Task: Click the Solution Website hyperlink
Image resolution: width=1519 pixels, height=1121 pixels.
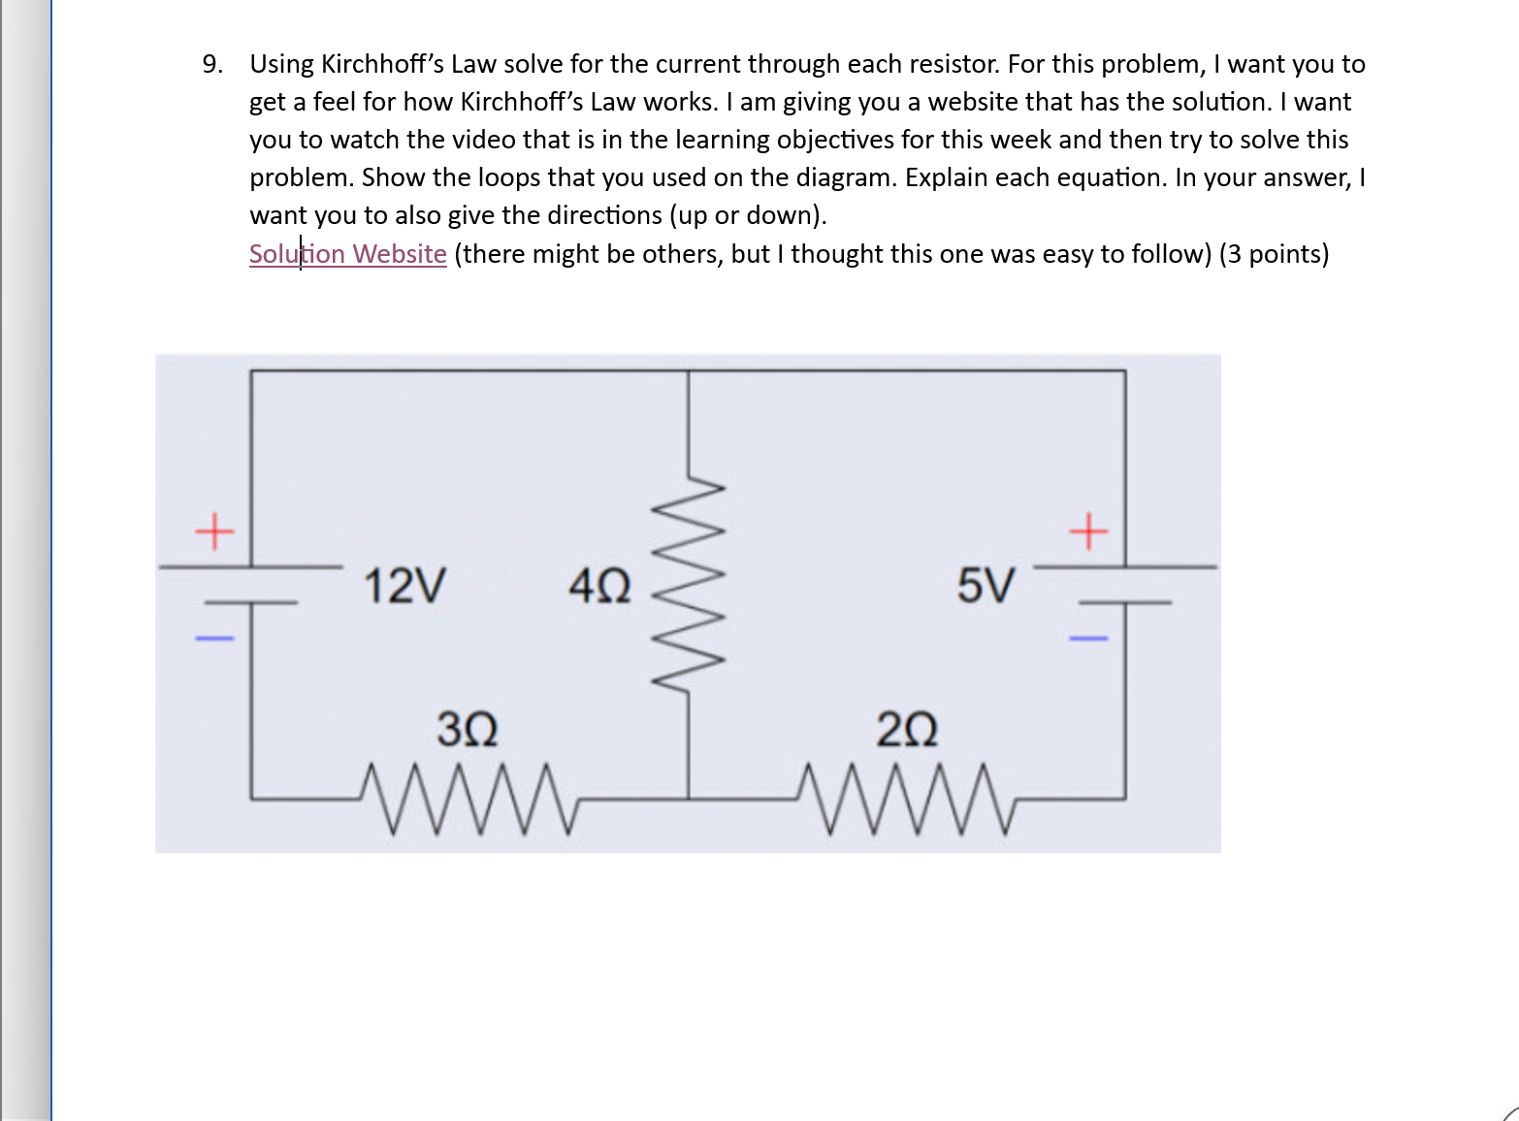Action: tap(347, 254)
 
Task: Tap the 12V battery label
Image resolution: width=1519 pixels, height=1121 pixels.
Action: tap(404, 586)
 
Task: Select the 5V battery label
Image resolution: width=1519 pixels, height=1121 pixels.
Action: tap(986, 586)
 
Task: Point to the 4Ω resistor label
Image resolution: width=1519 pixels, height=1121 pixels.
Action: tap(599, 587)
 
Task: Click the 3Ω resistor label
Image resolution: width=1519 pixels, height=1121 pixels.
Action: tap(468, 729)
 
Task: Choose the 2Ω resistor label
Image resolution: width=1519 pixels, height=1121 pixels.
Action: tap(907, 729)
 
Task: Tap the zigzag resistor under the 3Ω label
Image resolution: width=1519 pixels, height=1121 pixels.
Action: tap(468, 799)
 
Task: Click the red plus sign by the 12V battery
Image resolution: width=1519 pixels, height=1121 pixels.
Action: tap(214, 531)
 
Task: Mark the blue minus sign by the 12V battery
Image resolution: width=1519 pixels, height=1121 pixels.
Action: tap(214, 638)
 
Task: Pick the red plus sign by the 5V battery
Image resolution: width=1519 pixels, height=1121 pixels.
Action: tap(1088, 531)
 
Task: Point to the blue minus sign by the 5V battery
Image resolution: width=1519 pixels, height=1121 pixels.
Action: tap(1088, 638)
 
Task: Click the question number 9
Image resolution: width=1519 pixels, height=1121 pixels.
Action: tap(211, 64)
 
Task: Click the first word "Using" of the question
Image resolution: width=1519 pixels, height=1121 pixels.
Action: tap(281, 64)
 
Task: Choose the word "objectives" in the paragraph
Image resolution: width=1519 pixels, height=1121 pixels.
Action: tap(834, 140)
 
